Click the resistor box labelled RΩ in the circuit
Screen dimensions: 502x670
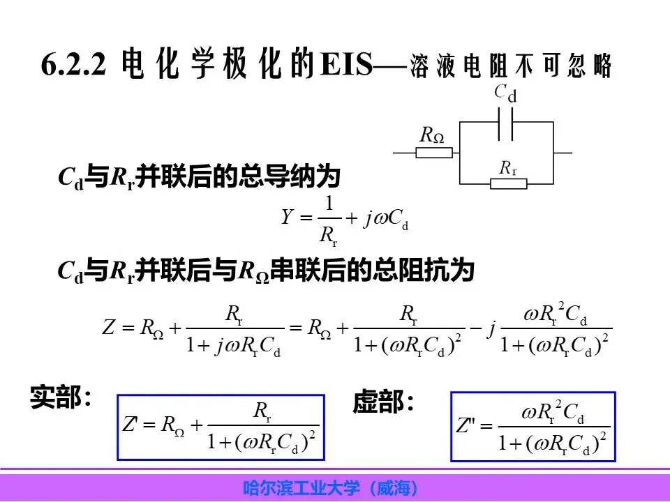(433, 152)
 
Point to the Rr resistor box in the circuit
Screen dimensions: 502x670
(508, 183)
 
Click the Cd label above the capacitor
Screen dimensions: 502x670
(505, 93)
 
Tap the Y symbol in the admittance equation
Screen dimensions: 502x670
(287, 218)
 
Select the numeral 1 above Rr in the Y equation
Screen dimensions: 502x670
(329, 203)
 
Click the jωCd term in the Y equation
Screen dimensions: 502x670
(385, 218)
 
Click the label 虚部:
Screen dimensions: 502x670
(383, 402)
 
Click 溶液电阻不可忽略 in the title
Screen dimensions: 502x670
(510, 67)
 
